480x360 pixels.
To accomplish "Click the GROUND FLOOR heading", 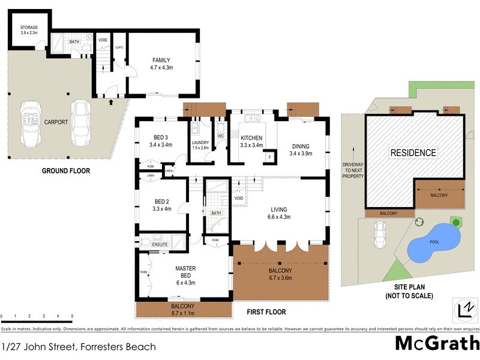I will click(66, 171).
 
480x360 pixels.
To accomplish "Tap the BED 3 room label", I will click(160, 141).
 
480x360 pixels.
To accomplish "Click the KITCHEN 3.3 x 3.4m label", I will click(251, 142).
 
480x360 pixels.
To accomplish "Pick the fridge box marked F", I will click(270, 157).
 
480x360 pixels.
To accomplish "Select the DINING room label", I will click(301, 149).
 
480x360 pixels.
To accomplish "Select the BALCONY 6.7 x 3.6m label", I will click(281, 274).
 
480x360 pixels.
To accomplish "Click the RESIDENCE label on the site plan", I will click(413, 152).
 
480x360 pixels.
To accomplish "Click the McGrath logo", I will click(437, 343).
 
